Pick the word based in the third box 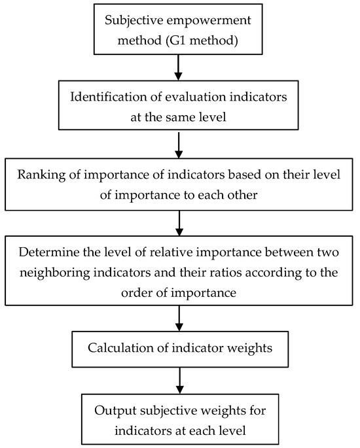(245, 174)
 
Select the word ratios (226, 272)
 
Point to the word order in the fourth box (137, 292)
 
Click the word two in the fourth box (329, 252)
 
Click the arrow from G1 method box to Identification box (178, 67)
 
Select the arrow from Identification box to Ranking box (179, 145)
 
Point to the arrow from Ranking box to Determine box (179, 223)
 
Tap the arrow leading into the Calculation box (179, 319)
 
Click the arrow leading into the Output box (179, 381)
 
